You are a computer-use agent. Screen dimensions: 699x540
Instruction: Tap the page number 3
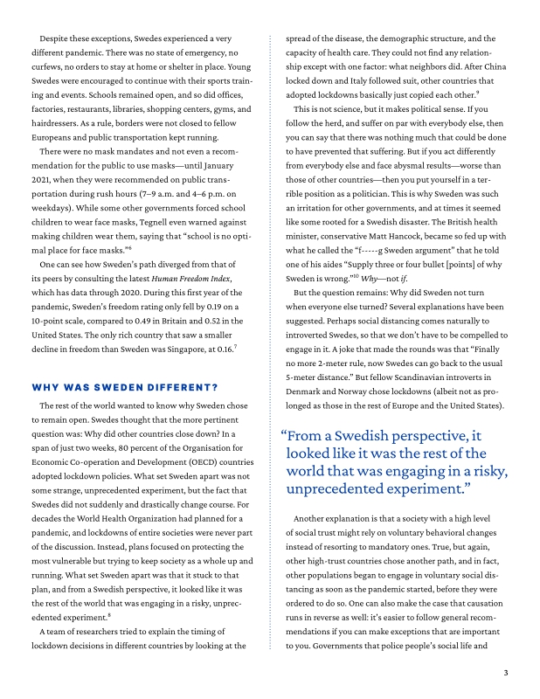(506, 673)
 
